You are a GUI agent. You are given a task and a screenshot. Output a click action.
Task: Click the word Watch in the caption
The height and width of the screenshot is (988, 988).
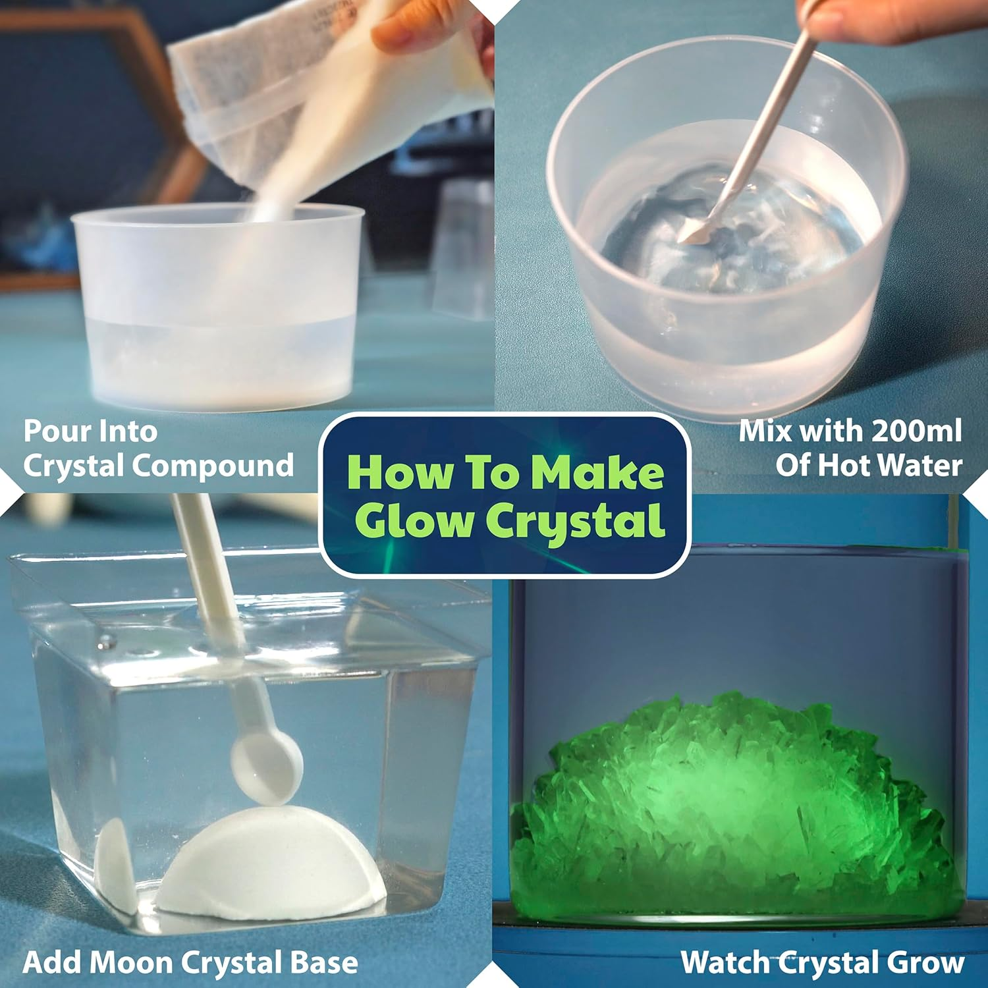(x=725, y=962)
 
